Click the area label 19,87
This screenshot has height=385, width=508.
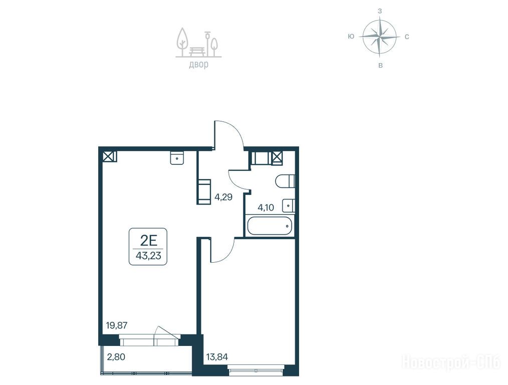click(x=117, y=325)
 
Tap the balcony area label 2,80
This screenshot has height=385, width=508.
click(x=116, y=357)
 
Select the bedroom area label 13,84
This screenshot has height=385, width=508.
click(x=217, y=357)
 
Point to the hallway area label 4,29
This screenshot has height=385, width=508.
click(x=223, y=197)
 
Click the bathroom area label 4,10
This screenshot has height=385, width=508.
click(x=266, y=208)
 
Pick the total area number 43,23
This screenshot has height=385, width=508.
click(x=148, y=256)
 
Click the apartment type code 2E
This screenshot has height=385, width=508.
click(x=148, y=241)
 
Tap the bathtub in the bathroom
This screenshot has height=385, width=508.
click(x=269, y=226)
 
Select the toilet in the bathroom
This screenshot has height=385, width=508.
click(x=285, y=181)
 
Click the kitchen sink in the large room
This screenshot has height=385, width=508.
click(x=177, y=158)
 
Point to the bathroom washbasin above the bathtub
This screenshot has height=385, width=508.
click(x=288, y=206)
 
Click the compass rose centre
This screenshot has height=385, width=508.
click(x=380, y=36)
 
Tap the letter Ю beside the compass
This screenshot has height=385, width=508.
click(x=351, y=37)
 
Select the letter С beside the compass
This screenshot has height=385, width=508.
click(x=407, y=37)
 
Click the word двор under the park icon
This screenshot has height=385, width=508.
click(x=198, y=65)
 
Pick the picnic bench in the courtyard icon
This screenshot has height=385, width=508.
click(x=197, y=51)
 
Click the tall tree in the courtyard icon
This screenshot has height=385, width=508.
click(x=182, y=42)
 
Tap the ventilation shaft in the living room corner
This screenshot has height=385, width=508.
click(x=110, y=156)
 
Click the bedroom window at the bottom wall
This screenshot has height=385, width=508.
click(x=256, y=370)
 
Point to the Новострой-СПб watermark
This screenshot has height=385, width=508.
click(x=451, y=361)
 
